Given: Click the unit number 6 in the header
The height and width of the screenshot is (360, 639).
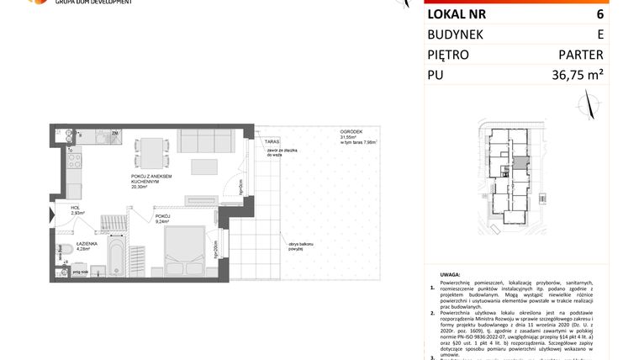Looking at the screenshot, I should pyautogui.click(x=599, y=14).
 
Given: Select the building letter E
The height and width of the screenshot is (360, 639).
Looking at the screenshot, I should pyautogui.click(x=599, y=34).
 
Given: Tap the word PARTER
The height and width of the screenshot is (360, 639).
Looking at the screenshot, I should pyautogui.click(x=581, y=55).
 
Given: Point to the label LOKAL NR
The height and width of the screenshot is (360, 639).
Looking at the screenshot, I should pyautogui.click(x=457, y=14).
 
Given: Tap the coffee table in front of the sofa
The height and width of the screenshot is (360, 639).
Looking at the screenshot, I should pyautogui.click(x=203, y=166).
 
